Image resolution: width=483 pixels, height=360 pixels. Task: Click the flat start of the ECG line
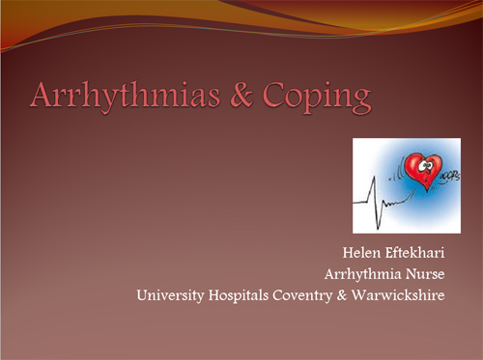pos(358,204)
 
